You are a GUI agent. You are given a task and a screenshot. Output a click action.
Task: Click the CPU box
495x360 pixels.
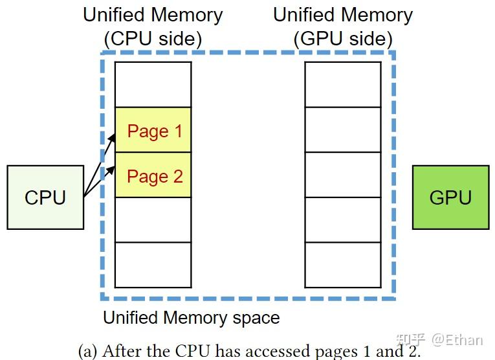click(x=45, y=197)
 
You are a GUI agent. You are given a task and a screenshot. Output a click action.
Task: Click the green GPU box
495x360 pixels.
click(x=450, y=197)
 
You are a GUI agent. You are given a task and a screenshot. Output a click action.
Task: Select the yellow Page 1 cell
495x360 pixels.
click(x=153, y=130)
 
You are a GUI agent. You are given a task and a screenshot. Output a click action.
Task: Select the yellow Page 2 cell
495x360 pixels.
click(x=153, y=175)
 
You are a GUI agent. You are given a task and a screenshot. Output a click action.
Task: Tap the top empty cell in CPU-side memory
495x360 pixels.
click(x=153, y=85)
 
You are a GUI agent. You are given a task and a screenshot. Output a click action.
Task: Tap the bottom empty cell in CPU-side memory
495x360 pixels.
click(x=153, y=264)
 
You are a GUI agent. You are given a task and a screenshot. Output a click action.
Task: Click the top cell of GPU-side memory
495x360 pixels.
click(x=343, y=85)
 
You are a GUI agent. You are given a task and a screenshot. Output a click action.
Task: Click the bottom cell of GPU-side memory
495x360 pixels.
click(x=343, y=264)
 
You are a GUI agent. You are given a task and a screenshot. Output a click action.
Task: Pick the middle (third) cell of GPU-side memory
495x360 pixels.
click(x=343, y=175)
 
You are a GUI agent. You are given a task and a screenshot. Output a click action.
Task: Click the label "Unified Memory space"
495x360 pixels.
click(x=192, y=318)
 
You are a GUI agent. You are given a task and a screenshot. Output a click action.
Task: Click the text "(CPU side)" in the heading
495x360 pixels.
click(x=153, y=39)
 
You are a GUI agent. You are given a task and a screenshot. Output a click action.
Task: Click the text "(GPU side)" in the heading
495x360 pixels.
click(x=343, y=39)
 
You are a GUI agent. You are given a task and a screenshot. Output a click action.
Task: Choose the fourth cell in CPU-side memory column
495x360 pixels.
click(x=153, y=219)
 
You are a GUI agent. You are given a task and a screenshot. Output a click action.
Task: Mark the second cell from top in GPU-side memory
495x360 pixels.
click(x=343, y=129)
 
